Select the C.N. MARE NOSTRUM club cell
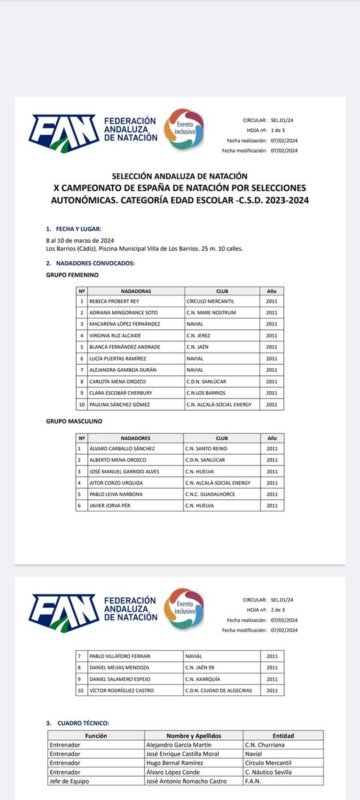pos(211,313)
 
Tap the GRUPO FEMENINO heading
pos(72,275)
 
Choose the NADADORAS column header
pos(135,291)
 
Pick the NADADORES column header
pos(135,438)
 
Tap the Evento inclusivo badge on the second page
pos(183,608)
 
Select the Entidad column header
pos(283,735)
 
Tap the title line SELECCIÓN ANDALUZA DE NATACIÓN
pos(181,176)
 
